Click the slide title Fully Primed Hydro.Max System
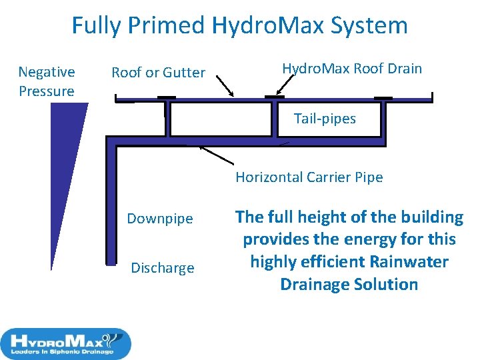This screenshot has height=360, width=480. pyautogui.click(x=239, y=26)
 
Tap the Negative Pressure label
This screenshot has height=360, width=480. pyautogui.click(x=46, y=81)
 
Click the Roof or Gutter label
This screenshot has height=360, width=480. pyautogui.click(x=158, y=73)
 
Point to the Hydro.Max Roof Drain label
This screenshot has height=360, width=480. pyautogui.click(x=352, y=69)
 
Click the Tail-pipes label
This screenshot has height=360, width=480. pyautogui.click(x=325, y=119)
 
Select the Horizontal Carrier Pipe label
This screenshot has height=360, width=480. pyautogui.click(x=309, y=177)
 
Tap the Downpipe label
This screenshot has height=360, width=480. pyautogui.click(x=160, y=219)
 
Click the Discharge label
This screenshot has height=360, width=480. pyautogui.click(x=162, y=268)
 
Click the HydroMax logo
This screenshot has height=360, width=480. pyautogui.click(x=66, y=343)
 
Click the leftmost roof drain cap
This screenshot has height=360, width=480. pyautogui.click(x=166, y=98)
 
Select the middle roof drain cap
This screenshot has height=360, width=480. pyautogui.click(x=274, y=97)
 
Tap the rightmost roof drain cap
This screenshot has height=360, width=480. pyautogui.click(x=383, y=98)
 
